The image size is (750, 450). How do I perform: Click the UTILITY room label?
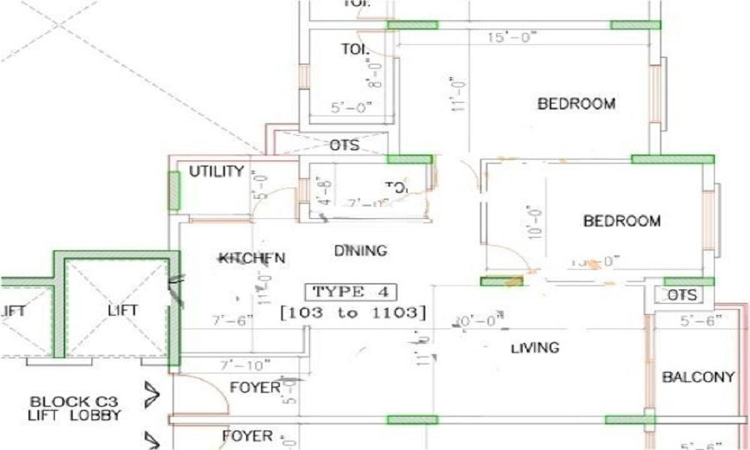coord(216,172)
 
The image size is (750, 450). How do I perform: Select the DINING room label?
coord(360,250)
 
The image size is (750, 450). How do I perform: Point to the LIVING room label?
coord(535,348)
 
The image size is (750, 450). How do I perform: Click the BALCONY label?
coord(697,377)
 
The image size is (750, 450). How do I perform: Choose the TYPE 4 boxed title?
coord(350,292)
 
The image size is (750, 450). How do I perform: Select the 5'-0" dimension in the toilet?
coord(351,108)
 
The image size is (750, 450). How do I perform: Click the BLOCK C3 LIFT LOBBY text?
coord(75,407)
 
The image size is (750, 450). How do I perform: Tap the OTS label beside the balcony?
coord(682,295)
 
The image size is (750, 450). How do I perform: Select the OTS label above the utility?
coord(344,145)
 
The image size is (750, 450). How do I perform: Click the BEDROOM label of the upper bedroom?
coord(576,103)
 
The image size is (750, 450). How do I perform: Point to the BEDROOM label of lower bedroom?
coord(622,221)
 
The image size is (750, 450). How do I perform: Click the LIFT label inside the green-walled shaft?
coord(123,310)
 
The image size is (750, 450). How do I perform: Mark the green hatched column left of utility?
coord(173,191)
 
